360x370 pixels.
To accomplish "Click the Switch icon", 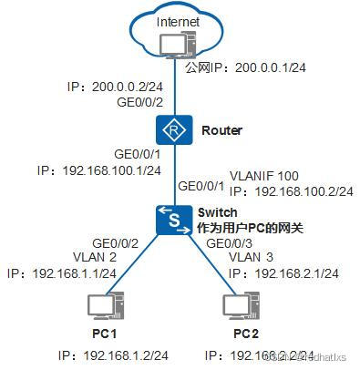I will tap(170, 219).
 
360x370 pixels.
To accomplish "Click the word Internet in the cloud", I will tap(177, 21).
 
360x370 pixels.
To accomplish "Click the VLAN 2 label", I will tap(94, 258).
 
